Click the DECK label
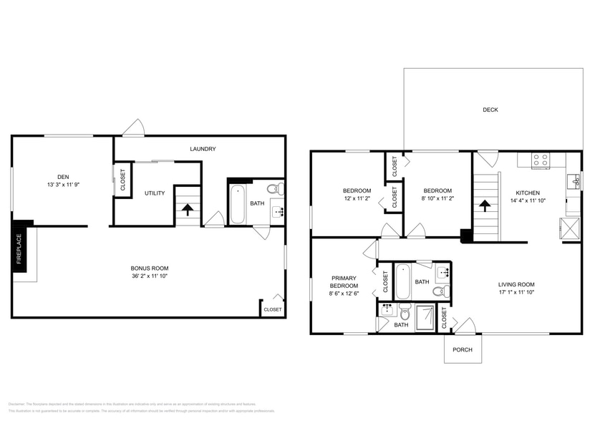click(x=490, y=110)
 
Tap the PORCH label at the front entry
click(x=463, y=349)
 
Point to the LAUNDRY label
click(x=203, y=149)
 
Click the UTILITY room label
click(x=155, y=193)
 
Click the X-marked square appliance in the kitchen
click(x=570, y=228)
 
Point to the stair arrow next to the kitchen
click(x=485, y=205)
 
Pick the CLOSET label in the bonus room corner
click(x=272, y=309)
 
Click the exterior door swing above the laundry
click(x=133, y=128)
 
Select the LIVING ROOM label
click(x=516, y=284)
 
